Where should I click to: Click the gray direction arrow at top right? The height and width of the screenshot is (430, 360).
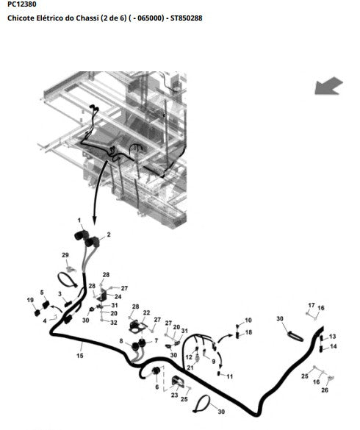point(328,86)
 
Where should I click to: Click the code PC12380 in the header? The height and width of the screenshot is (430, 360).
point(21,4)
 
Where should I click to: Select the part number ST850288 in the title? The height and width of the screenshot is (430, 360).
point(186,18)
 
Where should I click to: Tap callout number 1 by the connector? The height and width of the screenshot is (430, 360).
point(79,221)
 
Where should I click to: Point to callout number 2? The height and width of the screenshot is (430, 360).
point(109,234)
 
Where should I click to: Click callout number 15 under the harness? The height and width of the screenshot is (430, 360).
point(80,356)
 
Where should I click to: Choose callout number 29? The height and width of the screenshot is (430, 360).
point(65,255)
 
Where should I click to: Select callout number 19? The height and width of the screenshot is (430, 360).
point(30,300)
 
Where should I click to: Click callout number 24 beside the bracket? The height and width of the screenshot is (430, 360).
point(118,296)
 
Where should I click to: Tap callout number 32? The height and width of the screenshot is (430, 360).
point(114,323)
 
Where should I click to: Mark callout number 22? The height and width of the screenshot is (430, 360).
point(147,312)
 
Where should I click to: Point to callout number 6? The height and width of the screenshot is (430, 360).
point(157,387)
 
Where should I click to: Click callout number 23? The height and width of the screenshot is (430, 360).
point(175,395)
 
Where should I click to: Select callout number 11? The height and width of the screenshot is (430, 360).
point(230,376)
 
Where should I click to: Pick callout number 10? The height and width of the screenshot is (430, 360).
point(248,320)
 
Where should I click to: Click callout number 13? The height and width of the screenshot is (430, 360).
point(333,336)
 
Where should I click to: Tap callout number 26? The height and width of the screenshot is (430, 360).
point(325,390)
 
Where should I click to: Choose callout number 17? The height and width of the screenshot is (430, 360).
point(312,305)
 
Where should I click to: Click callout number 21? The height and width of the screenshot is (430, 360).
point(190,368)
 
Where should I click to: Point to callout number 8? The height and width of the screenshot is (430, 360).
point(121,341)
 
